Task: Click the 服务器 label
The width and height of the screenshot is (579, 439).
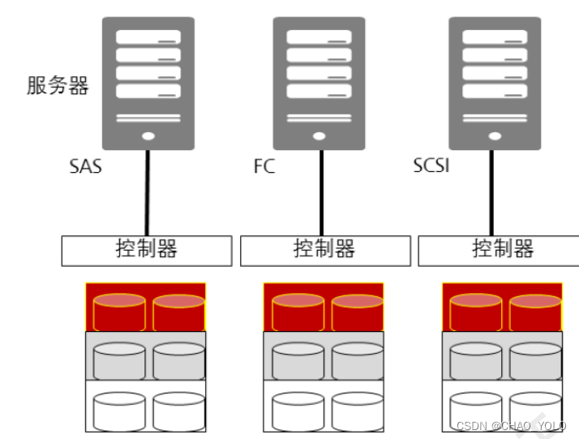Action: (x=57, y=86)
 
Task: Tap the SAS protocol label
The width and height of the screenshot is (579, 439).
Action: (x=85, y=169)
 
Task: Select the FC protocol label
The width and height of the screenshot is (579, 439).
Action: (x=264, y=168)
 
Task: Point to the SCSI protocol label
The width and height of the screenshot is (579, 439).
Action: (x=431, y=167)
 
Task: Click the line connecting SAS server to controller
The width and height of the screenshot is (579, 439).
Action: (x=148, y=193)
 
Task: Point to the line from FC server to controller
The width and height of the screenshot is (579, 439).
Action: (x=322, y=193)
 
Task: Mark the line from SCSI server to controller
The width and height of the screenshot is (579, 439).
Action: (x=491, y=193)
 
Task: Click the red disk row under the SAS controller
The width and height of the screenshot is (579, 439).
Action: (x=146, y=308)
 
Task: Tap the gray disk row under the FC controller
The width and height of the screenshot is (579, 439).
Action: (x=324, y=356)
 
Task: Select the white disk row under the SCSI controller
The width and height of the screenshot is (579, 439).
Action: (x=502, y=407)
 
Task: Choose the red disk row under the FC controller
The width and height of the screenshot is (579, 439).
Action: (x=324, y=308)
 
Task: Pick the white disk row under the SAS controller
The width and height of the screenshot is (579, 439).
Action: (x=146, y=407)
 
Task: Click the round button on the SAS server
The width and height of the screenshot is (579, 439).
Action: (x=148, y=136)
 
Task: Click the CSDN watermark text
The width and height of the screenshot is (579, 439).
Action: (x=510, y=426)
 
